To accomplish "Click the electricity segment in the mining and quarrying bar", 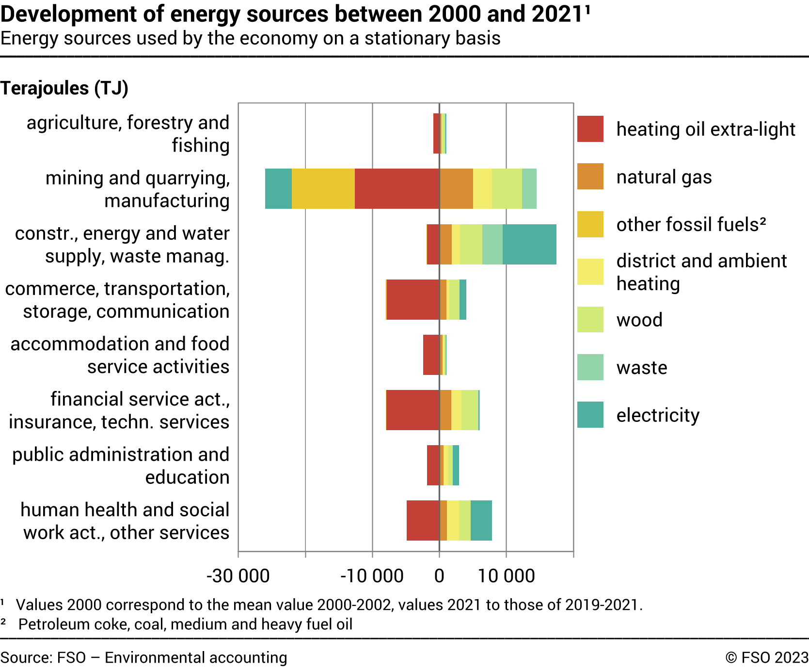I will [x=278, y=188].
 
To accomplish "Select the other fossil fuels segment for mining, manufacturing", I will [x=323, y=188].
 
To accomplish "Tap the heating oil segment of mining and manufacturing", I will [x=397, y=188].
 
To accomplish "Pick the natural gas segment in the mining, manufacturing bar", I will [x=456, y=188].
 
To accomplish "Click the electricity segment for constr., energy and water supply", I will [x=529, y=244].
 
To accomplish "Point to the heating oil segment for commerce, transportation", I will [x=413, y=299].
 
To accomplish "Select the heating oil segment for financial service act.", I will [x=413, y=410].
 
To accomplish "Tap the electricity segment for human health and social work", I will [x=481, y=520].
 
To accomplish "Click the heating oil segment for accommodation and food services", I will [x=431, y=355].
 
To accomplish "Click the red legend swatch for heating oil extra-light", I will [x=590, y=129].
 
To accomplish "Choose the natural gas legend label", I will [x=664, y=177].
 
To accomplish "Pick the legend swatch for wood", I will [x=590, y=320].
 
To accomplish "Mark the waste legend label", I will [x=641, y=368].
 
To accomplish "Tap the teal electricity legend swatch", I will [x=590, y=415].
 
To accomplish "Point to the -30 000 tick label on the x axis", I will [x=238, y=576].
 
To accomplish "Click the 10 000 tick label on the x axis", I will [x=506, y=576].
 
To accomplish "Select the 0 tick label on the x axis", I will [x=439, y=576].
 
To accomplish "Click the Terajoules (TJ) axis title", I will [x=64, y=88].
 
